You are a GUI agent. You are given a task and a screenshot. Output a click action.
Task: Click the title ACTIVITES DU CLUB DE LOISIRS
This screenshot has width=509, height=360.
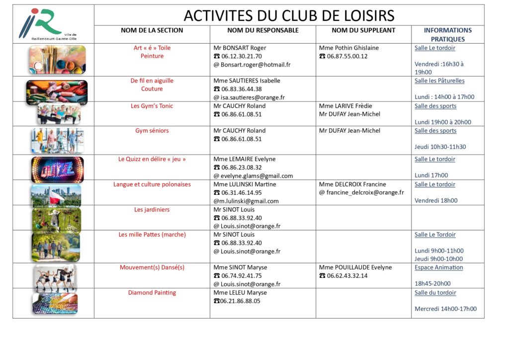pos(289,15)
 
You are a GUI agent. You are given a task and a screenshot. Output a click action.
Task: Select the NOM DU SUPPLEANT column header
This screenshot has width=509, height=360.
pos(363,30)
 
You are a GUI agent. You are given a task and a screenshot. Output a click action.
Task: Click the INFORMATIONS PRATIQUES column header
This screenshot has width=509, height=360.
pos(447,34)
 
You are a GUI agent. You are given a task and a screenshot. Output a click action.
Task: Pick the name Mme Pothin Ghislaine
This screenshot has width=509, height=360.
pos(348,48)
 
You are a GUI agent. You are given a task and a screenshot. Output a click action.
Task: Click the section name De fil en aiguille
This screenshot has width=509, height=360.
pos(152,81)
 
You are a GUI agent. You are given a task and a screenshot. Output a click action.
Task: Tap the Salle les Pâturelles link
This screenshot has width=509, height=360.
pos(439,81)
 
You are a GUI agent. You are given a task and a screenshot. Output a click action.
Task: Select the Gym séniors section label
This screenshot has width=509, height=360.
pos(152,131)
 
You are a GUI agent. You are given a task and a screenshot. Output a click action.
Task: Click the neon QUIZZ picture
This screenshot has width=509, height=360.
pos(57,169)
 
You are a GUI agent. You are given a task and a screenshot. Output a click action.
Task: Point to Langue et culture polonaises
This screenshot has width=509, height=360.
pos(152,184)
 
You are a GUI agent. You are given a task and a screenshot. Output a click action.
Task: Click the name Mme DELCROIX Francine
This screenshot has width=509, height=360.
pos(352,184)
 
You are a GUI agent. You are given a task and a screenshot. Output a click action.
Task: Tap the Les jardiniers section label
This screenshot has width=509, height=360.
pos(152,209)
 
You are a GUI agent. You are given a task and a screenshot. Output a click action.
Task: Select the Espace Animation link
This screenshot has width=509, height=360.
pos(438,268)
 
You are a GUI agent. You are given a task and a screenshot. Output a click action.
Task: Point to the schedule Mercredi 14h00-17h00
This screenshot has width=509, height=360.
pos(445,309)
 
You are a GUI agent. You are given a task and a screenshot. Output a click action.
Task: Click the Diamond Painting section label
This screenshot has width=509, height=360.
pos(152,292)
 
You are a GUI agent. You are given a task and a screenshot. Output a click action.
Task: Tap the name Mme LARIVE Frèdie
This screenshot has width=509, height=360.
pos(345,106)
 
